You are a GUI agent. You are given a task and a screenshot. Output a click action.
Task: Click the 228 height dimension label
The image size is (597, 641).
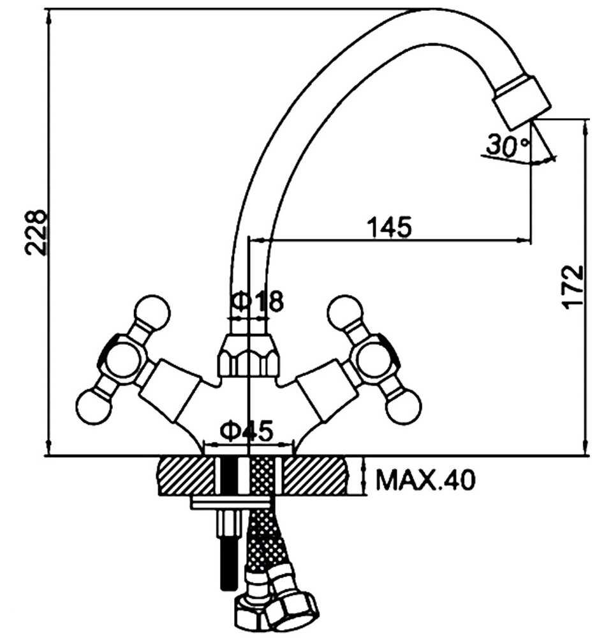click(36, 232)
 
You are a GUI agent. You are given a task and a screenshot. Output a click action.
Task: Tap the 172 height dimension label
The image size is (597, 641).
click(572, 287)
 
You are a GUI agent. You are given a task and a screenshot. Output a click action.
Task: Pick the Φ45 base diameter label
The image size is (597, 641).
click(246, 431)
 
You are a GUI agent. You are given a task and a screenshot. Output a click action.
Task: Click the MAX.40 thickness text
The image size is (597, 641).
click(425, 479)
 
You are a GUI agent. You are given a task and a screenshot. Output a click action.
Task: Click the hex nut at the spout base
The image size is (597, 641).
click(249, 355)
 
